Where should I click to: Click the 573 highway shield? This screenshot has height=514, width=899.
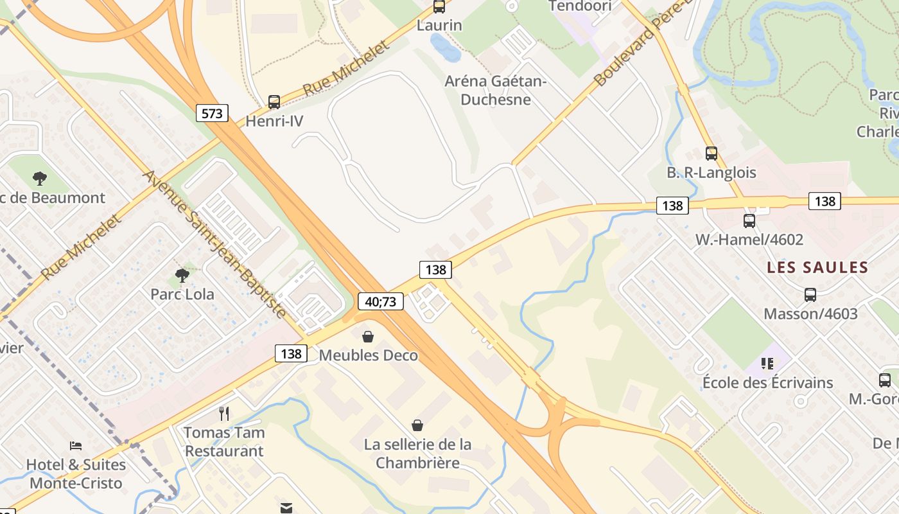click(212, 114)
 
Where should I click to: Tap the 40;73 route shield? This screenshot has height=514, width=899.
click(381, 301)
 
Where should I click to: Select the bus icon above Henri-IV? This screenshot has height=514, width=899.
click(274, 102)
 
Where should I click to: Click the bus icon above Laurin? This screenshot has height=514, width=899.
click(439, 6)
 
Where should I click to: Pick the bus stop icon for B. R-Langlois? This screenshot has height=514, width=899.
click(711, 154)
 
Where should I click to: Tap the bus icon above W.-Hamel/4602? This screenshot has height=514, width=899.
click(749, 221)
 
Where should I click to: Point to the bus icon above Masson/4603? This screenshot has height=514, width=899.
click(810, 295)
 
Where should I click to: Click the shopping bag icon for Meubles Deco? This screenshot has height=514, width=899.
click(368, 336)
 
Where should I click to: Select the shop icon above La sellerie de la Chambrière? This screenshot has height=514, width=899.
click(417, 425)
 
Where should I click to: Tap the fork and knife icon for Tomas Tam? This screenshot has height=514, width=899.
click(224, 413)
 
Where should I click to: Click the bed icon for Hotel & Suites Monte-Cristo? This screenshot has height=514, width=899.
click(76, 445)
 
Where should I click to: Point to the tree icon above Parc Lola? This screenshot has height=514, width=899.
click(182, 276)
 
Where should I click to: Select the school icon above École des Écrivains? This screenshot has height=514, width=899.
click(767, 364)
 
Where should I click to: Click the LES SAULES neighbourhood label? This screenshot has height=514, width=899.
click(817, 267)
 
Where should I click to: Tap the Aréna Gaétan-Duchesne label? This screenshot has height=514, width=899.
click(496, 91)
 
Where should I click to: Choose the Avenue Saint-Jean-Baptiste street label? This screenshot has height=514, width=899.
click(214, 244)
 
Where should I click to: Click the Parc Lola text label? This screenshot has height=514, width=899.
click(182, 294)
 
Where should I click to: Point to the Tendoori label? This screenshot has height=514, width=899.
click(580, 6)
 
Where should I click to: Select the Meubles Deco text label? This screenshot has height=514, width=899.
click(368, 355)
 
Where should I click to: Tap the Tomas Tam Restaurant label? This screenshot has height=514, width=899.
click(224, 441)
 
